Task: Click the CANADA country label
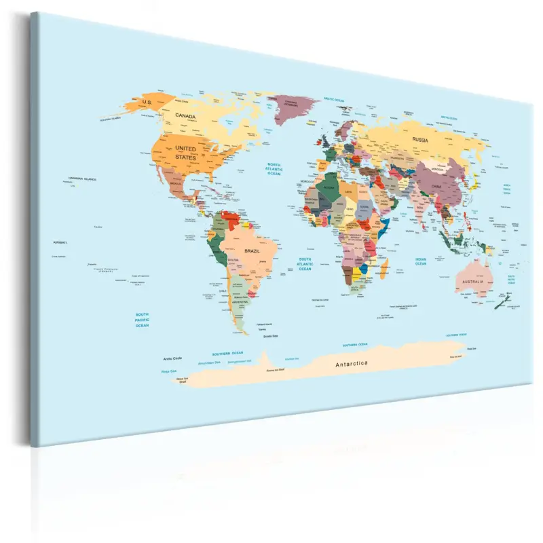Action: pyautogui.click(x=185, y=116)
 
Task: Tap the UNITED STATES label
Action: pyautogui.click(x=185, y=152)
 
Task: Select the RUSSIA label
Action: pyautogui.click(x=420, y=140)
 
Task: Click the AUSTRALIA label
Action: pyautogui.click(x=472, y=282)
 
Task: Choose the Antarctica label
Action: pyautogui.click(x=351, y=364)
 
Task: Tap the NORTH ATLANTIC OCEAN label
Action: pyautogui.click(x=274, y=169)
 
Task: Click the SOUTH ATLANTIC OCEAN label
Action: pyautogui.click(x=305, y=264)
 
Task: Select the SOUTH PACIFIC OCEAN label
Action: pyautogui.click(x=142, y=320)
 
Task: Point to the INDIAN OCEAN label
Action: pyautogui.click(x=421, y=261)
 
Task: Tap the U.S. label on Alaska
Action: pyautogui.click(x=147, y=102)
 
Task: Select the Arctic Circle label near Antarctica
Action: pyautogui.click(x=173, y=358)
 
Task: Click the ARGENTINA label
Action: pyautogui.click(x=240, y=301)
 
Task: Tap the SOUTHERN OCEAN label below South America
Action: pyautogui.click(x=227, y=354)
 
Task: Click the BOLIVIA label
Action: pyautogui.click(x=233, y=261)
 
